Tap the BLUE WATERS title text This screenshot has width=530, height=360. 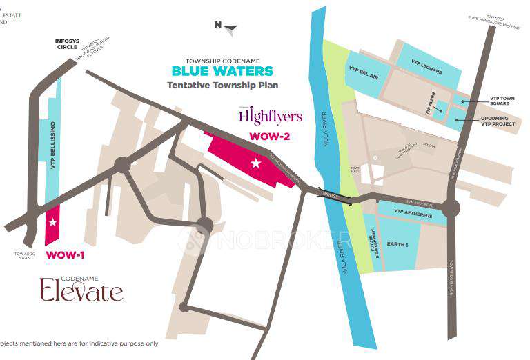click(x=222, y=71)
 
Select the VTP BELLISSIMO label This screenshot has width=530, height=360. click(x=52, y=146)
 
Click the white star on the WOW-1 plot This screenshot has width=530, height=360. click(x=53, y=222)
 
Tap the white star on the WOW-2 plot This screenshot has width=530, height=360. click(x=256, y=163)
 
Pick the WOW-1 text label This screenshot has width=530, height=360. click(x=65, y=255)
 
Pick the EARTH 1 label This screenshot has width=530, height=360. click(x=397, y=245)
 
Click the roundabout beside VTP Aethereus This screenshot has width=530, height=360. click(x=451, y=206)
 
